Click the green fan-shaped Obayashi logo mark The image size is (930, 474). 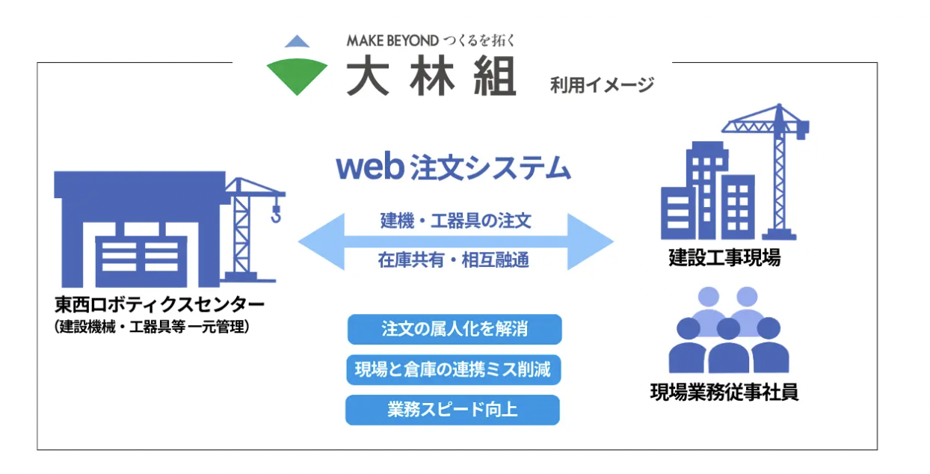click(297, 75)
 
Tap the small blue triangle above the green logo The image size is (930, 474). click(297, 42)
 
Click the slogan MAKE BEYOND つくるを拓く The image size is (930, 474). click(431, 40)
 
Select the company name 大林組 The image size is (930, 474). click(431, 77)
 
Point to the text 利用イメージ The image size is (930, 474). click(602, 85)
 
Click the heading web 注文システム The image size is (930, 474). click(453, 167)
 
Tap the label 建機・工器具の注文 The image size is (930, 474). click(455, 221)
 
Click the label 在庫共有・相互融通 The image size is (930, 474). click(453, 260)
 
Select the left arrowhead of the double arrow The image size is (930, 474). click(321, 241)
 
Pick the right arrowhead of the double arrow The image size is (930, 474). click(591, 241)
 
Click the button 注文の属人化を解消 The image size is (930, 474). click(455, 329)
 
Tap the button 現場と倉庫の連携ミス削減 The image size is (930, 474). click(453, 369)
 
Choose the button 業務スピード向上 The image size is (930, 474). click(452, 410)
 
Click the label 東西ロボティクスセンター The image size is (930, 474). click(159, 305)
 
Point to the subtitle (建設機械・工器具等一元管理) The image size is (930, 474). click(152, 327)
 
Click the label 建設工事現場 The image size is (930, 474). click(724, 257)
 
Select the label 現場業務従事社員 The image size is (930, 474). click(724, 393)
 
